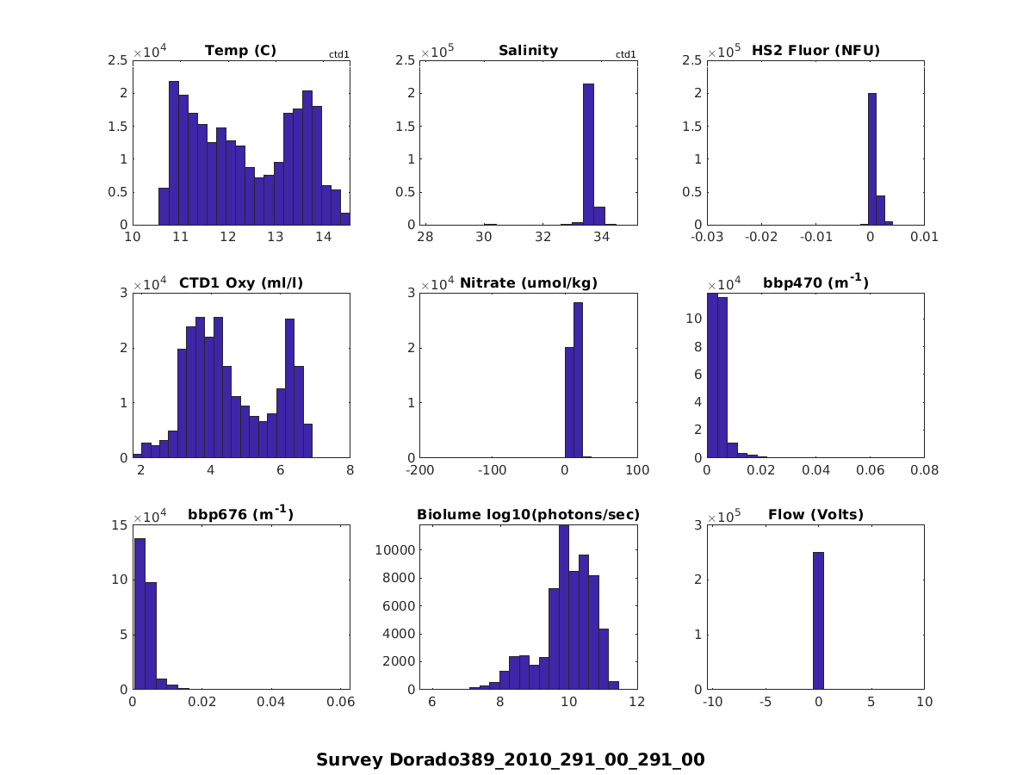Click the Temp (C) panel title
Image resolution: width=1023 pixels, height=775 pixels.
[240, 50]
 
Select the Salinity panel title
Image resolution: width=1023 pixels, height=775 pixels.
[528, 50]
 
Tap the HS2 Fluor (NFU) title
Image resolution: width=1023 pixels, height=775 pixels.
[815, 50]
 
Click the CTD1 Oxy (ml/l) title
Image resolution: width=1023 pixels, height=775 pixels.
[240, 282]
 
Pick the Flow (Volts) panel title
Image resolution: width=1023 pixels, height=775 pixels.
[815, 515]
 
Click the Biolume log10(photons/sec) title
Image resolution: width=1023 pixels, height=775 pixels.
[528, 515]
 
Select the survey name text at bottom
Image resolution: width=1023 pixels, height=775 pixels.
[511, 759]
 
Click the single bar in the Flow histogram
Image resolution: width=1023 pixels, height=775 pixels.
[818, 620]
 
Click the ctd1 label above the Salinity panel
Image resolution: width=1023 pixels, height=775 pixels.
[626, 54]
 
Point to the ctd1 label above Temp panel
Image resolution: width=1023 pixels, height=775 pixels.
[339, 54]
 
